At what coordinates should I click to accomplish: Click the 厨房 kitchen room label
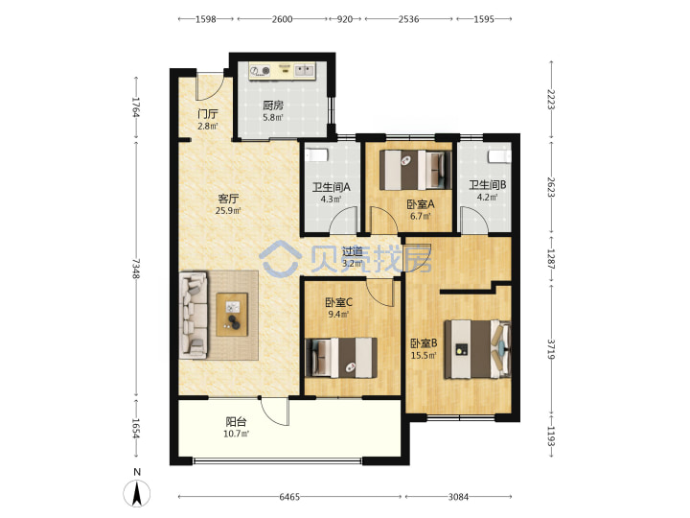273,106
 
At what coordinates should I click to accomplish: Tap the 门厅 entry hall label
208,114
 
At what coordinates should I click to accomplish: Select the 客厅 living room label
228,199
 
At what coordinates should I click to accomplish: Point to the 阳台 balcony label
236,421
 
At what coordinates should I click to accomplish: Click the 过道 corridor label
353,251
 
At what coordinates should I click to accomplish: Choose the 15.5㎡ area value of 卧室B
424,355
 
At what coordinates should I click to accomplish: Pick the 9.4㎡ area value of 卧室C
338,315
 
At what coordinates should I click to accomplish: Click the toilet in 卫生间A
317,156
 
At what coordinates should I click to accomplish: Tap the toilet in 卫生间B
499,156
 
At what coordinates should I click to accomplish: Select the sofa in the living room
193,316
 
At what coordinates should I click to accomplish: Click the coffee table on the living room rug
232,315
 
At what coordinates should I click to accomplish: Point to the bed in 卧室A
416,171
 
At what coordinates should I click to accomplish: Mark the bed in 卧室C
341,358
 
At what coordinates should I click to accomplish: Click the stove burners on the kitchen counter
260,70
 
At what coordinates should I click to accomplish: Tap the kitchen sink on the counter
304,70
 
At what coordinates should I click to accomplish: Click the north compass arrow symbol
137,493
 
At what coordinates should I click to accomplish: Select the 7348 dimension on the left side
136,269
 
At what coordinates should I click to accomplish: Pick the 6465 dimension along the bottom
289,497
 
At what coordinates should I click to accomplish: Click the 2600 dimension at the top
282,19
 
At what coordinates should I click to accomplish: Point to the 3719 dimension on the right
551,349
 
